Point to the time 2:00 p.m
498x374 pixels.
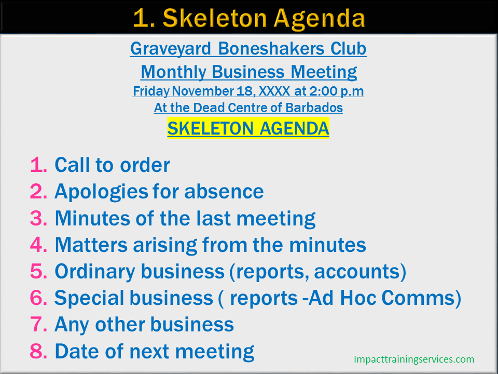337,91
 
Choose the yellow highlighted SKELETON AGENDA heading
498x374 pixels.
248,128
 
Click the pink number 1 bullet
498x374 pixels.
38,165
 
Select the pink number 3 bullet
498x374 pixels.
38,218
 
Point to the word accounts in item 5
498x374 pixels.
359,271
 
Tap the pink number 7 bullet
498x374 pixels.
38,325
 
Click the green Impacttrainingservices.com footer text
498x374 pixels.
413,359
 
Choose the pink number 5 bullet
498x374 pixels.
38,271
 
